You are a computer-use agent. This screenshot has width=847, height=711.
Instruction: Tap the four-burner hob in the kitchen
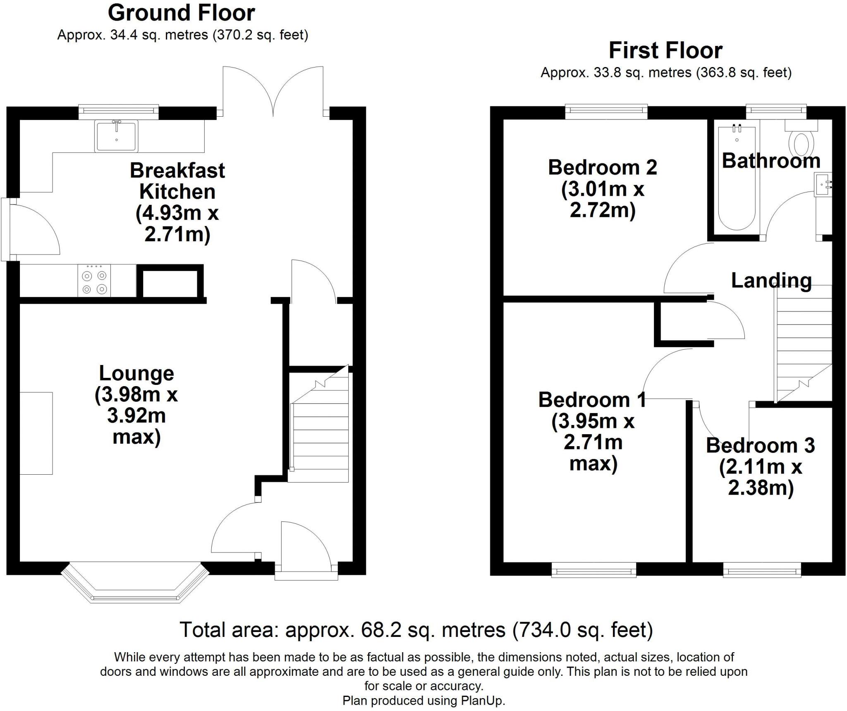tap(94, 281)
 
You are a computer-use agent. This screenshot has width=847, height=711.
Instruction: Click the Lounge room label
tap(136, 373)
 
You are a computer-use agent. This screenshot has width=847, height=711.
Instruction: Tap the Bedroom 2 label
tap(603, 167)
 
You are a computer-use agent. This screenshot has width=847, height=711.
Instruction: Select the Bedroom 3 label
tap(760, 445)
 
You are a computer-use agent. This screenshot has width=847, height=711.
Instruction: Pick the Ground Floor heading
tap(181, 13)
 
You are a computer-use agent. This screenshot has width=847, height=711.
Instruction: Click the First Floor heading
tap(665, 50)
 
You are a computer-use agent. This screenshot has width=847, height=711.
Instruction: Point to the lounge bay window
tap(135, 582)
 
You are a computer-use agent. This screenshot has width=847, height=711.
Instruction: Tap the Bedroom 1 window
tap(594, 569)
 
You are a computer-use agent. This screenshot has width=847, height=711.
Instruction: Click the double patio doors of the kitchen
tap(273, 91)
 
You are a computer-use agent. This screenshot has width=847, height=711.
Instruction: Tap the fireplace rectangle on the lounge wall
tap(36, 433)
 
